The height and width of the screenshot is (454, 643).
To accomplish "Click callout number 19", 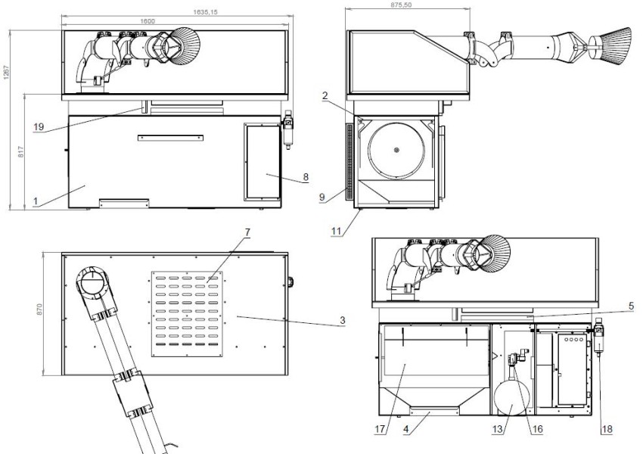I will tap(39, 127).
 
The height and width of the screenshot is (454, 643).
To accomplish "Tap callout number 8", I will tap(306, 178).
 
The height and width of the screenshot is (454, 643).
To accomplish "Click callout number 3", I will tap(342, 321).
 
